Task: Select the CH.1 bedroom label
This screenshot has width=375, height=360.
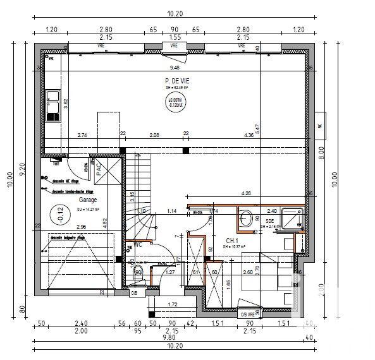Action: (233, 240)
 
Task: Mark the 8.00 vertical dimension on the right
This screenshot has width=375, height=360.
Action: (321, 152)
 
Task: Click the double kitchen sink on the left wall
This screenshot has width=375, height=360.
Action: (52, 106)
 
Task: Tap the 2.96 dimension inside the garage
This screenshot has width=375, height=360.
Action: (81, 227)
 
